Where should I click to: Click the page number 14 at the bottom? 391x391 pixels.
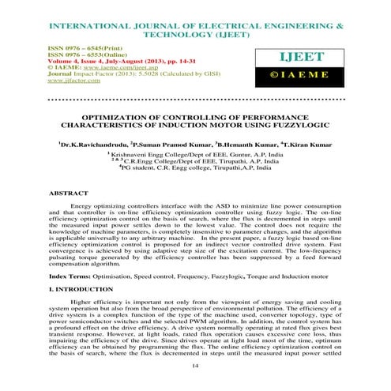point(194,367)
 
